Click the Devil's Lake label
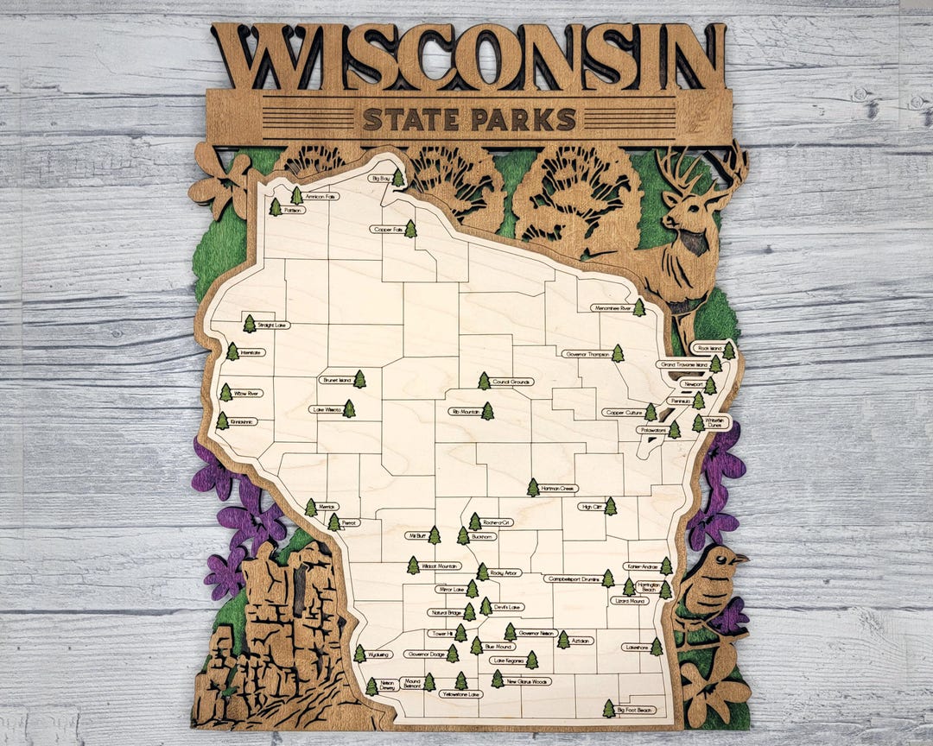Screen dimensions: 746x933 click(508, 607)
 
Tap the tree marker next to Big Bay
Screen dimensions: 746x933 click(397, 178)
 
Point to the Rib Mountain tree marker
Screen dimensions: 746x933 click(487, 411)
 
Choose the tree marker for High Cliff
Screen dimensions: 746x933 click(610, 506)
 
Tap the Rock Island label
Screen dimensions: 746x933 click(708, 349)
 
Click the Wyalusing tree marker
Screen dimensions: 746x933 click(359, 654)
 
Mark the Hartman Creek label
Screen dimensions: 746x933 click(558, 489)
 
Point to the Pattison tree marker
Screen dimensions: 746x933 click(276, 207)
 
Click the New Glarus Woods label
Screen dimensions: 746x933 click(528, 681)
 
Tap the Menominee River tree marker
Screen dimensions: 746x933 click(638, 307)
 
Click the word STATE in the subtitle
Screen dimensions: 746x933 click(411, 119)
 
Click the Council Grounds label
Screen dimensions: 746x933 click(511, 382)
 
